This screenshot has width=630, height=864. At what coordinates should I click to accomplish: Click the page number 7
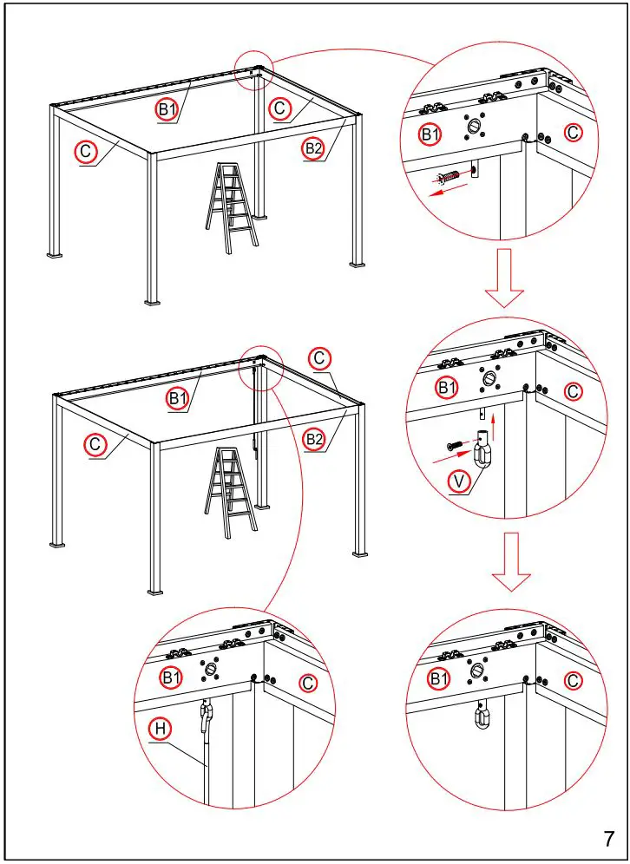point(609,839)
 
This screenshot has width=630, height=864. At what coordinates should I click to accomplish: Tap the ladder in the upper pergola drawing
point(231,208)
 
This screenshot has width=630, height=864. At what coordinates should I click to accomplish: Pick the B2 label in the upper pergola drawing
point(313,149)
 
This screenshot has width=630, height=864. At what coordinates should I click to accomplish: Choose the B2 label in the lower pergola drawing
point(313,440)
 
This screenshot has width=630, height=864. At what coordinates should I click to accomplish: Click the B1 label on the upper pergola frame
point(167,108)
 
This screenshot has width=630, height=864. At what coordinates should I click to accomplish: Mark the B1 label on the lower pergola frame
point(178,398)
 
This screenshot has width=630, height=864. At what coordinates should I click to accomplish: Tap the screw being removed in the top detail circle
point(450,178)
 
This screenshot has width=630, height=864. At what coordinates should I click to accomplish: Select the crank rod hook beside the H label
point(206,715)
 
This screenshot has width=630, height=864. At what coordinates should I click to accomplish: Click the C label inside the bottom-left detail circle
point(307,684)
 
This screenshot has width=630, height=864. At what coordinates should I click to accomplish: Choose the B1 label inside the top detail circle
point(430,134)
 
